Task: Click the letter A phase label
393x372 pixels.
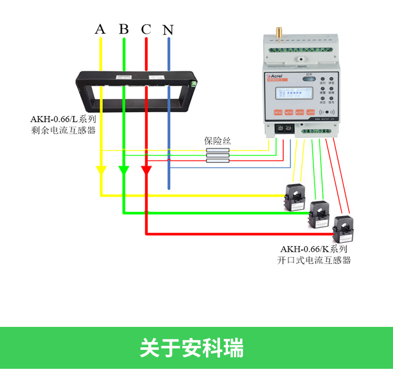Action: (x=100, y=29)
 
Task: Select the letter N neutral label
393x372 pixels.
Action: (x=168, y=29)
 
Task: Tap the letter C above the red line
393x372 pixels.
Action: (x=146, y=29)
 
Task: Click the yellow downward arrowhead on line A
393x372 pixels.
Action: (x=101, y=171)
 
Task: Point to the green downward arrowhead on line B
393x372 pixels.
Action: (x=124, y=171)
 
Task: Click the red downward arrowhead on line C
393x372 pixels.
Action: (x=147, y=171)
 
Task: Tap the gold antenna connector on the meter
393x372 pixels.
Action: (x=279, y=33)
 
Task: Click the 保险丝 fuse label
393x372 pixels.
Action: (x=217, y=141)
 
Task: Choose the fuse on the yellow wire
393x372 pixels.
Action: (x=218, y=150)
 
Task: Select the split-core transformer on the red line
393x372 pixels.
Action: (x=344, y=227)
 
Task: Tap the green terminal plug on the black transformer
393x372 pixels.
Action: (x=194, y=83)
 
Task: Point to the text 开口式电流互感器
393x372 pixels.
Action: (x=313, y=260)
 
